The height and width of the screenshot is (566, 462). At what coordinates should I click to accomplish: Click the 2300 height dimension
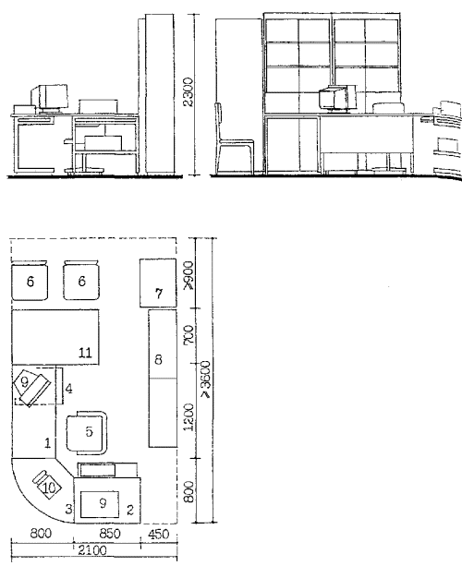pos(188,92)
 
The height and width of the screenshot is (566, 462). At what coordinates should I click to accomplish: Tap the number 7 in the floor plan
pos(159,294)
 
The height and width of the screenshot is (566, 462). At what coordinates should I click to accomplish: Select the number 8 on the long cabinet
pos(158,359)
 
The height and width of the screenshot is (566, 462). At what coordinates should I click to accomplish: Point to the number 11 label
pos(85,353)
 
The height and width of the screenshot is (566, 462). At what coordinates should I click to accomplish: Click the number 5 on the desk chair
pos(89,431)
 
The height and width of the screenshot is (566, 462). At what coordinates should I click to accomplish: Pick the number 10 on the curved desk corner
pos(49,488)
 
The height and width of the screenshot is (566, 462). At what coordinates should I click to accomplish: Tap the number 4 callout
pos(68,389)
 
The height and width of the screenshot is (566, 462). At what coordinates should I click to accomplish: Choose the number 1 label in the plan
pos(47,443)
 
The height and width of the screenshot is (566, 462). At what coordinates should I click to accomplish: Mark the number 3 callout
pos(68,509)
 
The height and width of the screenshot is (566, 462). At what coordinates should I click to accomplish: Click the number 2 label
pos(130,510)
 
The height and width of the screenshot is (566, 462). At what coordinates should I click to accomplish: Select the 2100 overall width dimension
pos(92,550)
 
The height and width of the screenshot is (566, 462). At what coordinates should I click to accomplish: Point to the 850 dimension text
pos(109,534)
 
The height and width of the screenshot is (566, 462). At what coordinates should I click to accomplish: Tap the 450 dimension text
pos(159,534)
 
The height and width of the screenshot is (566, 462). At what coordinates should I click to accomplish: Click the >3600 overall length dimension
pos(205,379)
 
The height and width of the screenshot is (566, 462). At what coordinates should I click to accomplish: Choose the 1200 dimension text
pos(188,417)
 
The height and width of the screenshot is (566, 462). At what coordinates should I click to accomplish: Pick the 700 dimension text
pos(188,334)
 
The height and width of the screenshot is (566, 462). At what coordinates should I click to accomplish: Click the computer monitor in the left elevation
pos(50,98)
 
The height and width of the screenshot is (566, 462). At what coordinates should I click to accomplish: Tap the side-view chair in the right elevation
pos(234,138)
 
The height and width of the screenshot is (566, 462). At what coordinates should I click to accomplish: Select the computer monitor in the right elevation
pos(337,99)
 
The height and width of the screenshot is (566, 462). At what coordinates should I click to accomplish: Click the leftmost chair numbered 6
pos(30,281)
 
